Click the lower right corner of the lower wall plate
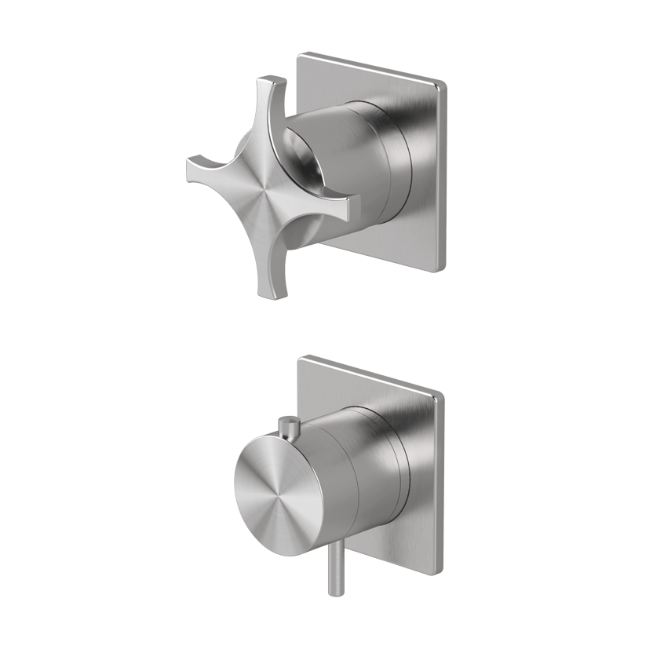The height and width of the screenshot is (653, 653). click(x=440, y=569)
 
